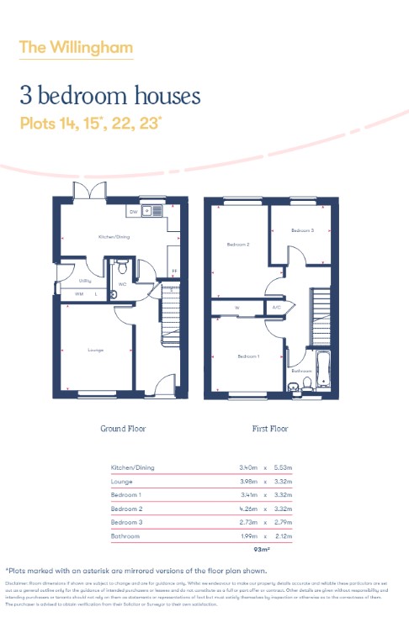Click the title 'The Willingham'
click(x=76, y=47)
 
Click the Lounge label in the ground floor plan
click(x=95, y=349)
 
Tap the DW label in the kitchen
click(x=133, y=212)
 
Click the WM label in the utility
click(x=78, y=294)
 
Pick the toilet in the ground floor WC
click(x=123, y=269)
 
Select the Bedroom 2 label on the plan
click(x=237, y=245)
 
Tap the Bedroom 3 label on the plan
click(x=302, y=229)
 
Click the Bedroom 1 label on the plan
click(x=247, y=356)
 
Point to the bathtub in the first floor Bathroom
click(x=324, y=366)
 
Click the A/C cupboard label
click(x=276, y=308)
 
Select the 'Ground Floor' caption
click(x=123, y=429)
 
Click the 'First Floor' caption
click(x=270, y=429)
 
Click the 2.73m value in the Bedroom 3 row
click(x=250, y=522)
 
